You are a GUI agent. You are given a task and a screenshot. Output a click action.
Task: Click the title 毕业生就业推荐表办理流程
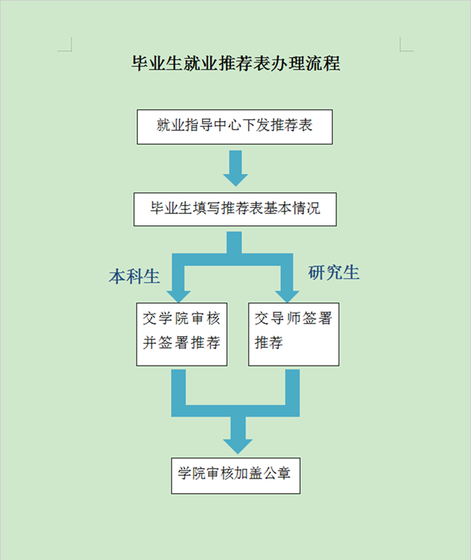pyautogui.click(x=235, y=63)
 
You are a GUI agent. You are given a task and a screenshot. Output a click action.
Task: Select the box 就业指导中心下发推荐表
pyautogui.click(x=234, y=127)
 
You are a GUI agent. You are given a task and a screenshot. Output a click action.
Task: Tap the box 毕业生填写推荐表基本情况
pyautogui.click(x=234, y=209)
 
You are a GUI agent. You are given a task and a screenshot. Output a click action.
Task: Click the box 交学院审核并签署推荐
pyautogui.click(x=182, y=332)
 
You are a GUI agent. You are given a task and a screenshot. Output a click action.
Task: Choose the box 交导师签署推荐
pyautogui.click(x=293, y=332)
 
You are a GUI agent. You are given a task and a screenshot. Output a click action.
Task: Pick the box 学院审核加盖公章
pyautogui.click(x=235, y=475)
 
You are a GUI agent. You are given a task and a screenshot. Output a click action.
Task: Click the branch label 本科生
pyautogui.click(x=134, y=277)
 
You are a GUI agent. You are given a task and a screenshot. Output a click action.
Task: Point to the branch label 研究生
pyautogui.click(x=334, y=272)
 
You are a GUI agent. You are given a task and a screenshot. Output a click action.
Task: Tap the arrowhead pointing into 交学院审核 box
pyautogui.click(x=182, y=291)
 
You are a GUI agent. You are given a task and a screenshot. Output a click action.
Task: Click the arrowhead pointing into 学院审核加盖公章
pyautogui.click(x=235, y=445)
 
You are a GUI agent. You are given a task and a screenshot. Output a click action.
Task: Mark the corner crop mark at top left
pyautogui.click(x=67, y=46)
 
